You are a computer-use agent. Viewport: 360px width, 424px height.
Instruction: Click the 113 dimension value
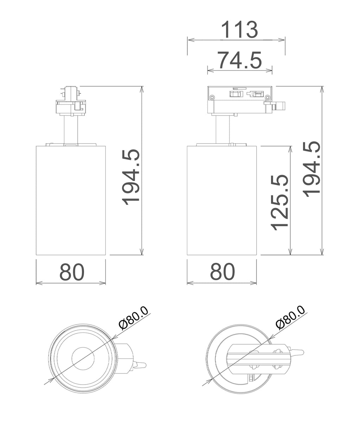tap(239, 30)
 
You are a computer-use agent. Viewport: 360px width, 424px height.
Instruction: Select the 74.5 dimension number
tap(239, 60)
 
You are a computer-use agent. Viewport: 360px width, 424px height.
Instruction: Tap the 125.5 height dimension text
tap(279, 203)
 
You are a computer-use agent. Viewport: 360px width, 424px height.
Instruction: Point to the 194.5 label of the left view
tap(130, 177)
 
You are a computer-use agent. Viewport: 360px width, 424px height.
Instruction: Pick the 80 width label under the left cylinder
tap(72, 272)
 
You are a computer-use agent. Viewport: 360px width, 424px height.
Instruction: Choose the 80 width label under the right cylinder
tap(223, 272)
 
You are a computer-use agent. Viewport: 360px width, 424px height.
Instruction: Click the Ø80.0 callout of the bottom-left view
tap(134, 321)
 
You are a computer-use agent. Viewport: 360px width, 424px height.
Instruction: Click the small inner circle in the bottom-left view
tap(83, 359)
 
